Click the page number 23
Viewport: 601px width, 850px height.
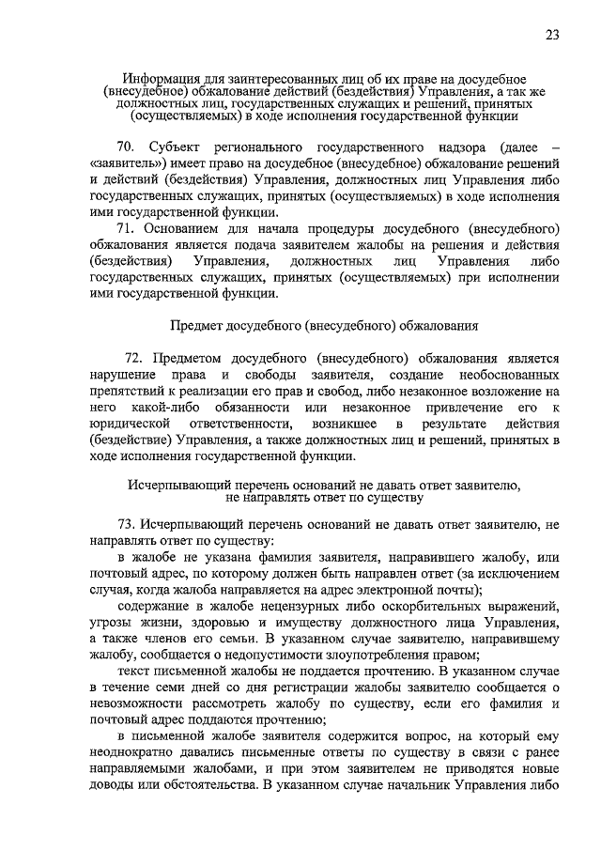[x=552, y=36]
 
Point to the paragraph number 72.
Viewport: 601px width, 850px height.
[x=134, y=358]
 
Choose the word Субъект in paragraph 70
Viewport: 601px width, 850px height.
[x=175, y=148]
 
